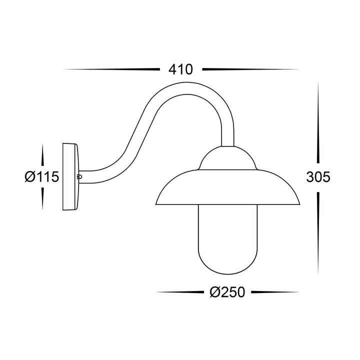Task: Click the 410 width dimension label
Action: [180, 69]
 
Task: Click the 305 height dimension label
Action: [318, 176]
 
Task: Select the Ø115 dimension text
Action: [42, 176]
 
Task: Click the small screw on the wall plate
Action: [79, 176]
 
